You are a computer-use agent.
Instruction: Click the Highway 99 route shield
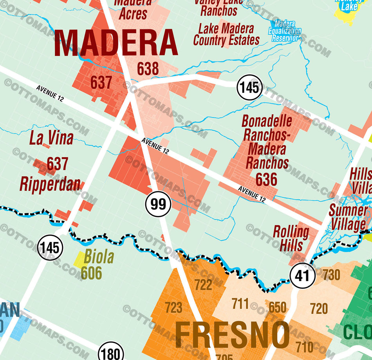point(158,204)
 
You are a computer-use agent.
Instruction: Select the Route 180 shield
point(111,353)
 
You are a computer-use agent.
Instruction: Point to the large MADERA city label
point(116,43)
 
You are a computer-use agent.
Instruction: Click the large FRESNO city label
point(232,335)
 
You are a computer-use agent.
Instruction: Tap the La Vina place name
point(51,139)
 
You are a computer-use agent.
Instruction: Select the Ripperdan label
point(50,184)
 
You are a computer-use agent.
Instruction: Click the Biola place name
point(99,257)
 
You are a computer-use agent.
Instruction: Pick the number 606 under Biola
point(91,273)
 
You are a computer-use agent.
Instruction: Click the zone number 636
point(266,180)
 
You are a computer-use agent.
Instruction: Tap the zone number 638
point(148,69)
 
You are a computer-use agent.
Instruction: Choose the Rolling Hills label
point(291,238)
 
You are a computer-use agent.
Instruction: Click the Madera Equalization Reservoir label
point(285,31)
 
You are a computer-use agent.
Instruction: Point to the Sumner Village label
point(348,218)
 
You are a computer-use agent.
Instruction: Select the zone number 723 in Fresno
point(173,308)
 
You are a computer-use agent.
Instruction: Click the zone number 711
point(240,303)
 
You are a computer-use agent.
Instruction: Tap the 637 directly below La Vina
point(58,164)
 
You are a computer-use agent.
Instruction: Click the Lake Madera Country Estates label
point(226,34)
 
